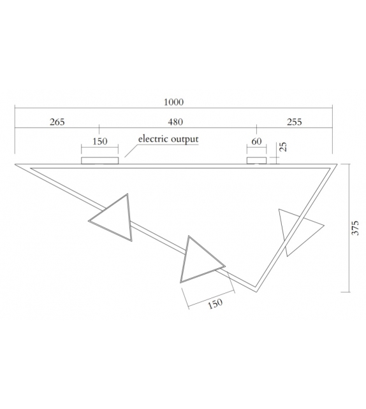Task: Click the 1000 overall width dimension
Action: click(173, 102)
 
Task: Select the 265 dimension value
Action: click(57, 122)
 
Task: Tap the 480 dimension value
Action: click(175, 122)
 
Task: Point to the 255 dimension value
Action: click(295, 122)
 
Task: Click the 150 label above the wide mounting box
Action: click(100, 141)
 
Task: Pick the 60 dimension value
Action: click(256, 141)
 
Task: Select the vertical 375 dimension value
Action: click(356, 229)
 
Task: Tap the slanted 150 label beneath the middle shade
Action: click(216, 304)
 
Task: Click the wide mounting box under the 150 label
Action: click(100, 159)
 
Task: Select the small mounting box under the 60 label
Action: click(256, 159)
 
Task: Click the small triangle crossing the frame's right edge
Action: click(296, 229)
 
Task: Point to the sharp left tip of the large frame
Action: click(17, 164)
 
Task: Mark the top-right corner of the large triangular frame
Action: click(334, 165)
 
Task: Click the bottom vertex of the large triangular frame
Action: click(256, 291)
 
